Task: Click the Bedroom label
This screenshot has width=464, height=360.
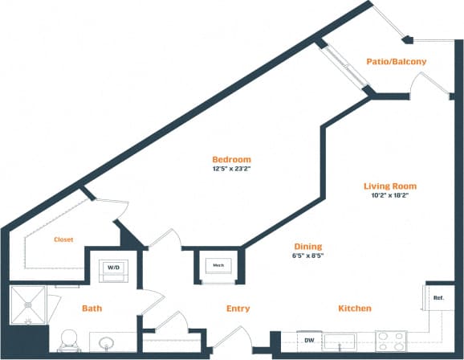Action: [231, 159]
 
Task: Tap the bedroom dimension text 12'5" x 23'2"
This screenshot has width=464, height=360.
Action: [231, 170]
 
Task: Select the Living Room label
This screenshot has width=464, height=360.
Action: [389, 186]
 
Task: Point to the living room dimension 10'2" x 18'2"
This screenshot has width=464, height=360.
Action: [389, 196]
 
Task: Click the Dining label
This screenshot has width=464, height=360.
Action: [307, 247]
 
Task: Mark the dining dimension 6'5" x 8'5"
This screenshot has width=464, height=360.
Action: [307, 256]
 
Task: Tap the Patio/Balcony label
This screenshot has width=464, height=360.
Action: [396, 61]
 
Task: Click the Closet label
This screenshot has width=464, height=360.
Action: [64, 239]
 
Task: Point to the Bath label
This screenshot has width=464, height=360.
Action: [91, 309]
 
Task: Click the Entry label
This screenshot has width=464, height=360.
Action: [238, 309]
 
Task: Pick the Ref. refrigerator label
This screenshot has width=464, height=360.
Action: [438, 297]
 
